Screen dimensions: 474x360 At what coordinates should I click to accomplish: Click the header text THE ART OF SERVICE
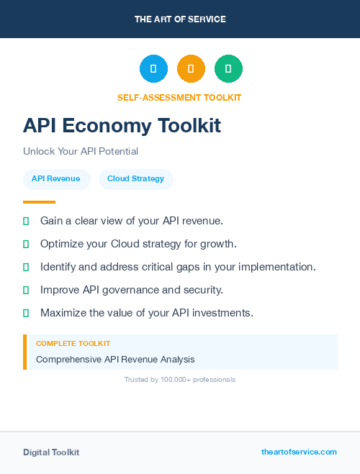[180, 19]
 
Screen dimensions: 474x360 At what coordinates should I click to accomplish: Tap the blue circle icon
[153, 69]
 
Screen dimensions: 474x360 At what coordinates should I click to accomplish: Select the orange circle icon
[191, 69]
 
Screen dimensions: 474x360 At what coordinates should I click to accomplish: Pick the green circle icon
[228, 69]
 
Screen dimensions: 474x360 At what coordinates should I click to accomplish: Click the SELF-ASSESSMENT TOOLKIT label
[179, 97]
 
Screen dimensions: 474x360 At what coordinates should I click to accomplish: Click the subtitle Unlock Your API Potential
[81, 152]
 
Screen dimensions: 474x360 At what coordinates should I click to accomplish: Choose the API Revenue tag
[56, 178]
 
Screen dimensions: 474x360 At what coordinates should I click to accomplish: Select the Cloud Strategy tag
[135, 178]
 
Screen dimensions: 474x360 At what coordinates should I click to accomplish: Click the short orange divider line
[39, 202]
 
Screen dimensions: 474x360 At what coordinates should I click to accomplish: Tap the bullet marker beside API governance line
[26, 290]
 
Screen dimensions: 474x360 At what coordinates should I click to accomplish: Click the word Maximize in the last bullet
[63, 313]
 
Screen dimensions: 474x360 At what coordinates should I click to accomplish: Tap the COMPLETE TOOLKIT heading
[73, 344]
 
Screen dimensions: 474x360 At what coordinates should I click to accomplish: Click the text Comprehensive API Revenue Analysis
[115, 359]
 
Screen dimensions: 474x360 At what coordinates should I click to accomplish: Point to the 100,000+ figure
[175, 379]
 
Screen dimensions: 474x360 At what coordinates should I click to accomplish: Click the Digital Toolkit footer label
[51, 452]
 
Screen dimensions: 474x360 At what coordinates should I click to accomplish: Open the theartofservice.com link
[299, 452]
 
